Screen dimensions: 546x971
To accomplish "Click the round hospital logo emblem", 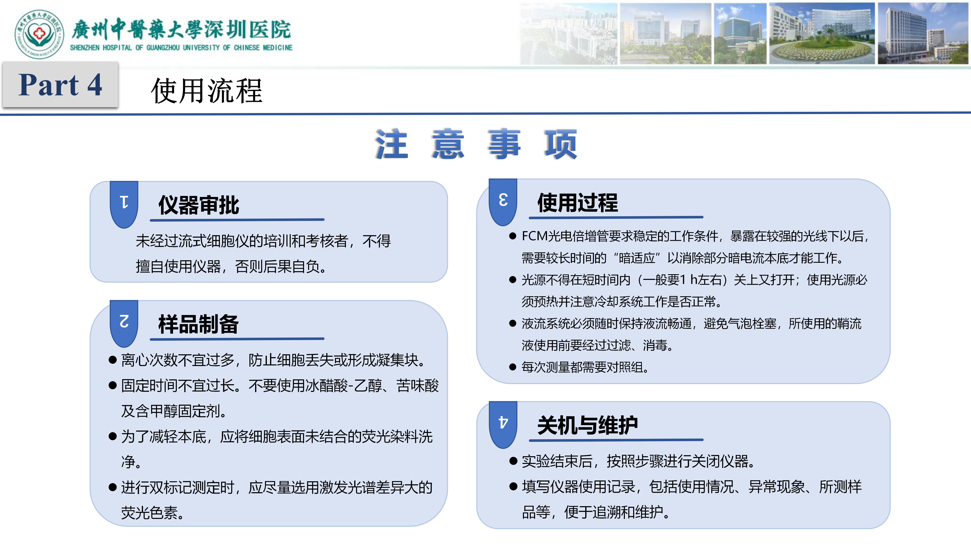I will (39, 34).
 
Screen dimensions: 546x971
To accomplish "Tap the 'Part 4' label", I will (60, 85).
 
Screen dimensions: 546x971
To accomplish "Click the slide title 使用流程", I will (207, 91).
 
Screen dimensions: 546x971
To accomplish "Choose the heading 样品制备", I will (199, 324).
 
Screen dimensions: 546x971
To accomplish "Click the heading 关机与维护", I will (587, 425).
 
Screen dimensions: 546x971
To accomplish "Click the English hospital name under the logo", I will (181, 48).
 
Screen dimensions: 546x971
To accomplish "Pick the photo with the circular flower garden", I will (822, 34).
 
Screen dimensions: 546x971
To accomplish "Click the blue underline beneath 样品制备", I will (237, 339).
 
